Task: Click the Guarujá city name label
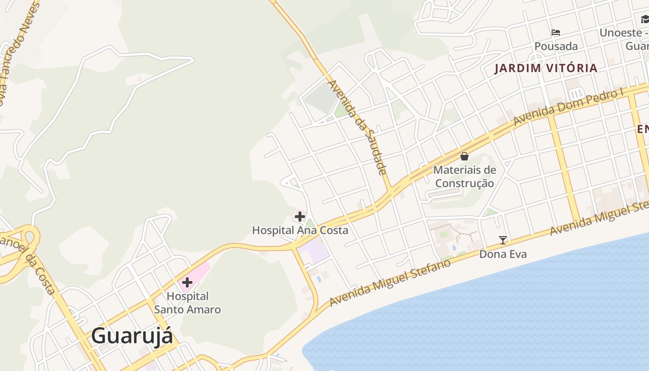132,336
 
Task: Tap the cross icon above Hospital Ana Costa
300,216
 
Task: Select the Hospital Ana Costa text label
300,230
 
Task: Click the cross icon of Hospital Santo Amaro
187,282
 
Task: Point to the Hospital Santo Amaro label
187,302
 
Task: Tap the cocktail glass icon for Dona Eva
503,240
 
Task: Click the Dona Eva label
503,254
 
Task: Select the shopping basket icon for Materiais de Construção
464,156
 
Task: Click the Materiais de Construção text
464,177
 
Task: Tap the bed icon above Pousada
556,32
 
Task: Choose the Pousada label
556,46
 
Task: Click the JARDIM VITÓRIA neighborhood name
546,68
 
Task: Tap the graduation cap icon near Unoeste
645,19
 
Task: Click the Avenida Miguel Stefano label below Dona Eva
390,283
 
